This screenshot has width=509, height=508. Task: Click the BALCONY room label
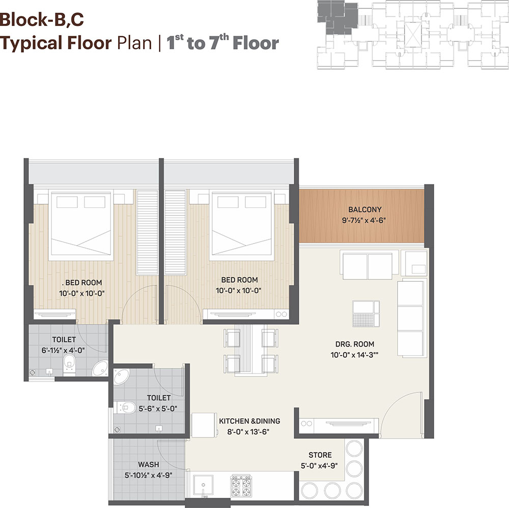pos(364,209)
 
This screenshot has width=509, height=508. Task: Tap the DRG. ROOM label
pos(354,344)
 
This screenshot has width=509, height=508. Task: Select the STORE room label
pos(320,455)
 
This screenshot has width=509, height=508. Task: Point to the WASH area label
pos(148,465)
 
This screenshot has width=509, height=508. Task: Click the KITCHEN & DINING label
pos(249,421)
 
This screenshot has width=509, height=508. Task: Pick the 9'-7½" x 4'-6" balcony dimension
pos(363,220)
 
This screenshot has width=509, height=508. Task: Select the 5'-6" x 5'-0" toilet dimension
pos(158,409)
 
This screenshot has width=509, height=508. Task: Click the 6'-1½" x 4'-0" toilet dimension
pos(63,351)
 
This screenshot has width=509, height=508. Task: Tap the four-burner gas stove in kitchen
pos(241,487)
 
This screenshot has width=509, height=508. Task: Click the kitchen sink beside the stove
pos(204,486)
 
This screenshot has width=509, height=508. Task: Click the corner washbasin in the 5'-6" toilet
pos(121,377)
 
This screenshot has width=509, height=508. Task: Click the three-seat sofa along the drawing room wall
pos(411,317)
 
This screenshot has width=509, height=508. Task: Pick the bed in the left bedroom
pos(81,226)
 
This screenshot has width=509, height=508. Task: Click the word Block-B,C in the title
pos(42,19)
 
